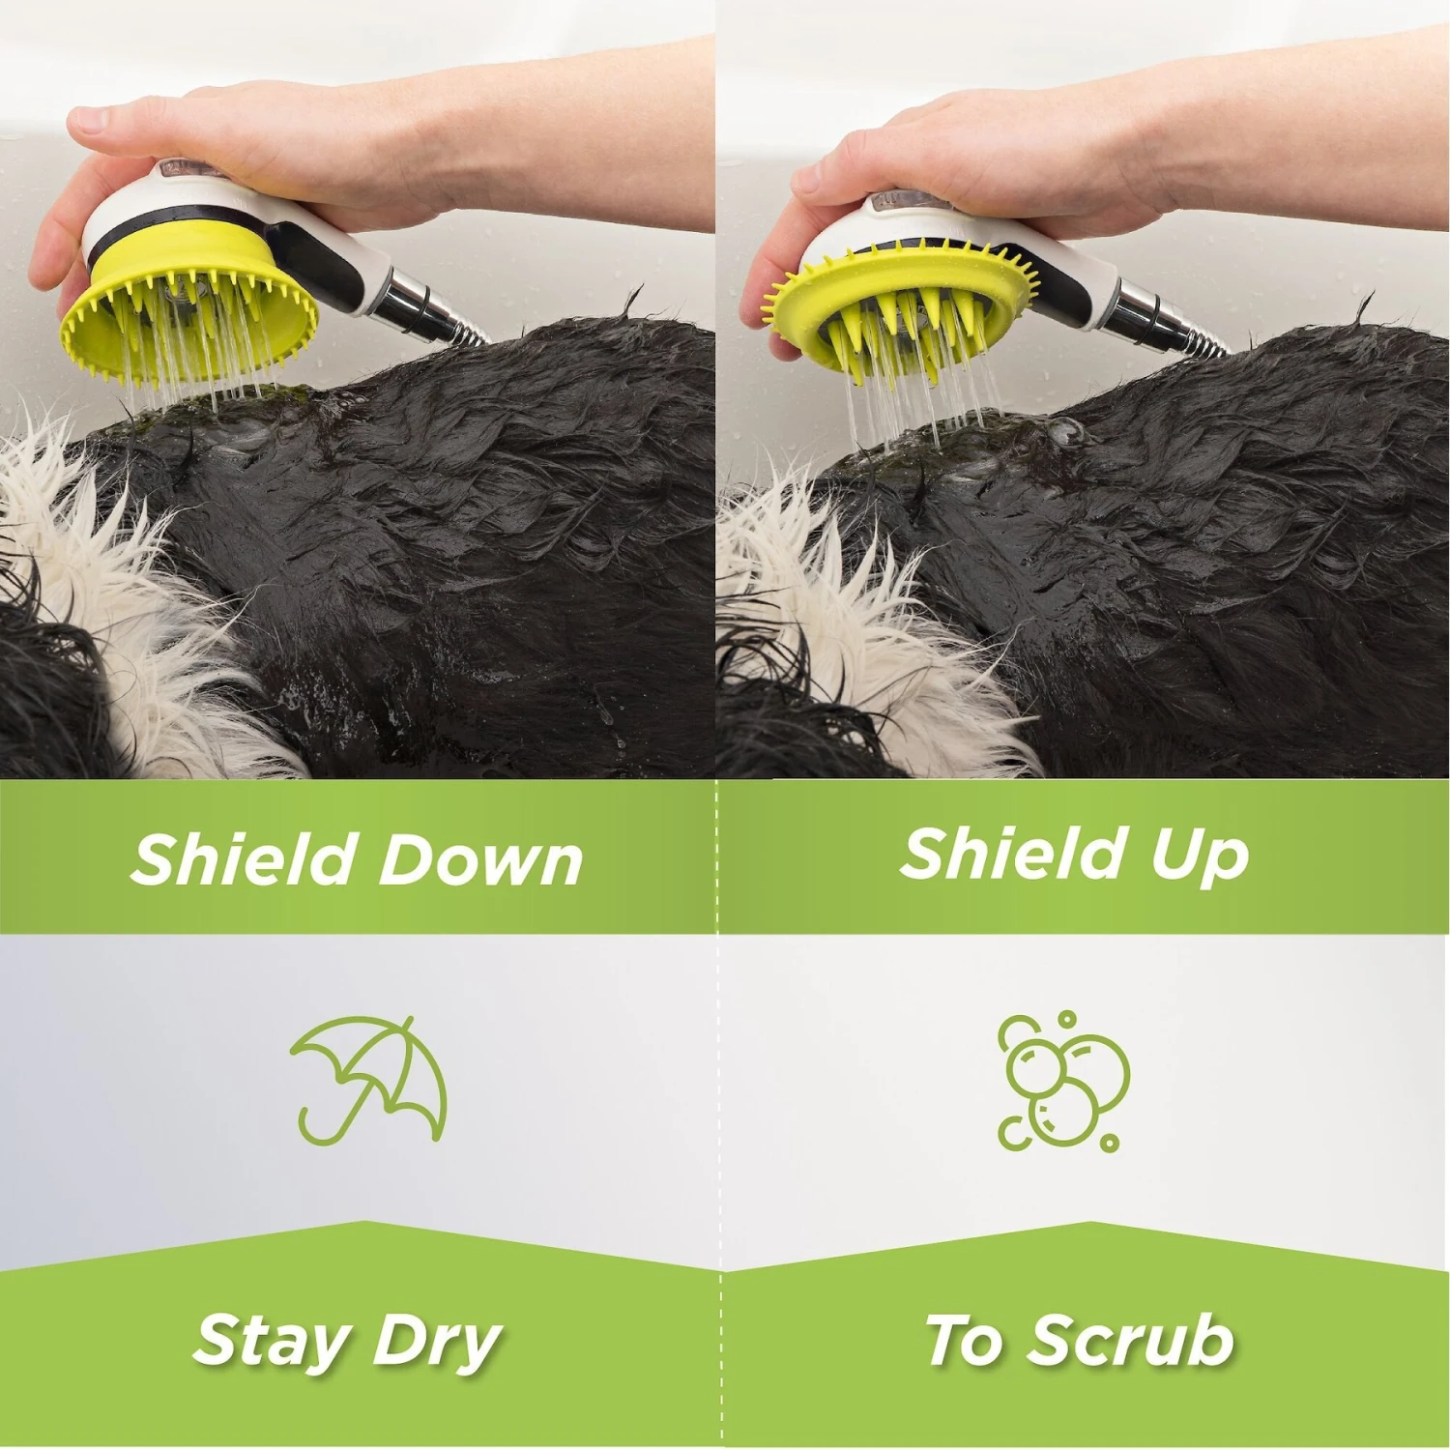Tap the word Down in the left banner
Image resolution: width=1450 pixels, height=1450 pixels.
click(472, 858)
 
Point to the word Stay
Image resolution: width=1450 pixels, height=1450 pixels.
click(272, 1342)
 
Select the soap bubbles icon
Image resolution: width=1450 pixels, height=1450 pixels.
click(1063, 1081)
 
